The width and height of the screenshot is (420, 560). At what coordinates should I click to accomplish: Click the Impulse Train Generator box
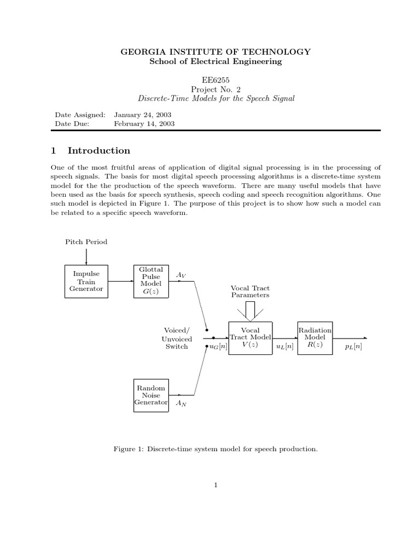coord(86,281)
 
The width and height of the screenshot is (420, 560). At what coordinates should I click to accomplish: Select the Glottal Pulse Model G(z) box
coord(150,281)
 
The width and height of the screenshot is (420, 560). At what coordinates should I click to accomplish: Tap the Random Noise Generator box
coord(151,395)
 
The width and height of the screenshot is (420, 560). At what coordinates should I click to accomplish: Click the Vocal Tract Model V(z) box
coord(250,338)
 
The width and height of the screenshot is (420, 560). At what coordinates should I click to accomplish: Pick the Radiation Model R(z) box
coord(314,338)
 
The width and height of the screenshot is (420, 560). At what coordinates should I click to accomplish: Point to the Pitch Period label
coord(86,241)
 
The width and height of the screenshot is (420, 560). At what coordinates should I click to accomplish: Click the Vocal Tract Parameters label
coord(250,291)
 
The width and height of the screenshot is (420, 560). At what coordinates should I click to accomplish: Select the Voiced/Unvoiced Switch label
coord(177,338)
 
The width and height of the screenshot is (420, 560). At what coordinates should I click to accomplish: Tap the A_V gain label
coord(181,276)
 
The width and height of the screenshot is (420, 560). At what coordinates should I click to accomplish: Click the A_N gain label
coord(180,403)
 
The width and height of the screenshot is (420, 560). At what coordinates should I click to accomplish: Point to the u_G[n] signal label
coord(218,347)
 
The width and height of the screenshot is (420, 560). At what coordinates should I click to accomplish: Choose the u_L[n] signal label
coord(284,347)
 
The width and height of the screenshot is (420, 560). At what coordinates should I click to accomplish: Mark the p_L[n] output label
coord(353,347)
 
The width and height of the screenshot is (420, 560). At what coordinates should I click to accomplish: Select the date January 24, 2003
coord(142,115)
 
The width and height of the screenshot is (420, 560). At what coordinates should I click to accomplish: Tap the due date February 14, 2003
coord(144,124)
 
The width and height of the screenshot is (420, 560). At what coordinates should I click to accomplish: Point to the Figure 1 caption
coord(215,449)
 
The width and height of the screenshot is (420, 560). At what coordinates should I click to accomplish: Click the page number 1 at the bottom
coord(216,485)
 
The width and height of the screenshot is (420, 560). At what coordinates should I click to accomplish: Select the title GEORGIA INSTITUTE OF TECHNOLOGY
coord(215,52)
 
